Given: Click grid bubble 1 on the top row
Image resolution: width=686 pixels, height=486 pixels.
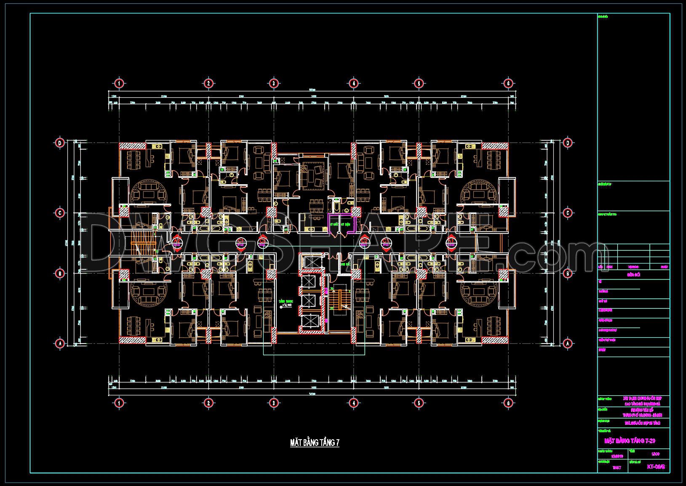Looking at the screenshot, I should tap(119, 83).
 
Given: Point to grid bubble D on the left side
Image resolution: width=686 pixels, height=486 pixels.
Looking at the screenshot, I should tap(60, 143).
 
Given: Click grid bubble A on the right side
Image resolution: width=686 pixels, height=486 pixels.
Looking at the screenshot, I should tap(568, 344).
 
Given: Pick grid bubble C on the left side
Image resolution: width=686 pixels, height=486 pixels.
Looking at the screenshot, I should tap(60, 213).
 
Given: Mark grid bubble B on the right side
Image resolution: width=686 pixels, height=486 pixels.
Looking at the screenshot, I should tap(568, 274).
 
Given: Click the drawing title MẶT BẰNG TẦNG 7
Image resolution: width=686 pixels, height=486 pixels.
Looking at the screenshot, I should tap(315, 443).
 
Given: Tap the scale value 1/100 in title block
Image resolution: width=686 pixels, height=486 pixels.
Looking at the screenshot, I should tap(655, 454).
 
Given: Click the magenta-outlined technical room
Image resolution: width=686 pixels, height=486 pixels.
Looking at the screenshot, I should tap(342, 223).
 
